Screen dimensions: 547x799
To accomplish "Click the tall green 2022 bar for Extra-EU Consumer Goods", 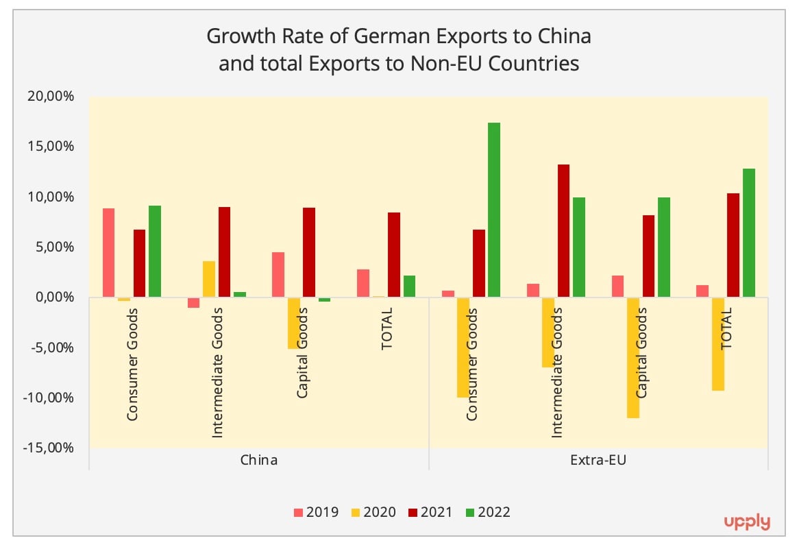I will [494, 210].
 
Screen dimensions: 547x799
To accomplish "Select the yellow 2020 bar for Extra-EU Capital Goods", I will [632, 357].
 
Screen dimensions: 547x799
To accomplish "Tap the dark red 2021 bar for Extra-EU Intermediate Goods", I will [563, 231].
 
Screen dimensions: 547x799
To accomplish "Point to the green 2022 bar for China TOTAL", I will [409, 286].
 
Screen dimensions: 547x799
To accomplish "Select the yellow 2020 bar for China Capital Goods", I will [293, 323].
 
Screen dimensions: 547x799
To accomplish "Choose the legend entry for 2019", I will [316, 512].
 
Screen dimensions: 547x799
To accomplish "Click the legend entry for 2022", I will [487, 512].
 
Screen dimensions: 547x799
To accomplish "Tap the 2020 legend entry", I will [373, 512].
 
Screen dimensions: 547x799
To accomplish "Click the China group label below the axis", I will [259, 459].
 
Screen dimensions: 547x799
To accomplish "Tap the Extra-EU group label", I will [598, 459].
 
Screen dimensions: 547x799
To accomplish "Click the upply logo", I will [747, 522].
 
